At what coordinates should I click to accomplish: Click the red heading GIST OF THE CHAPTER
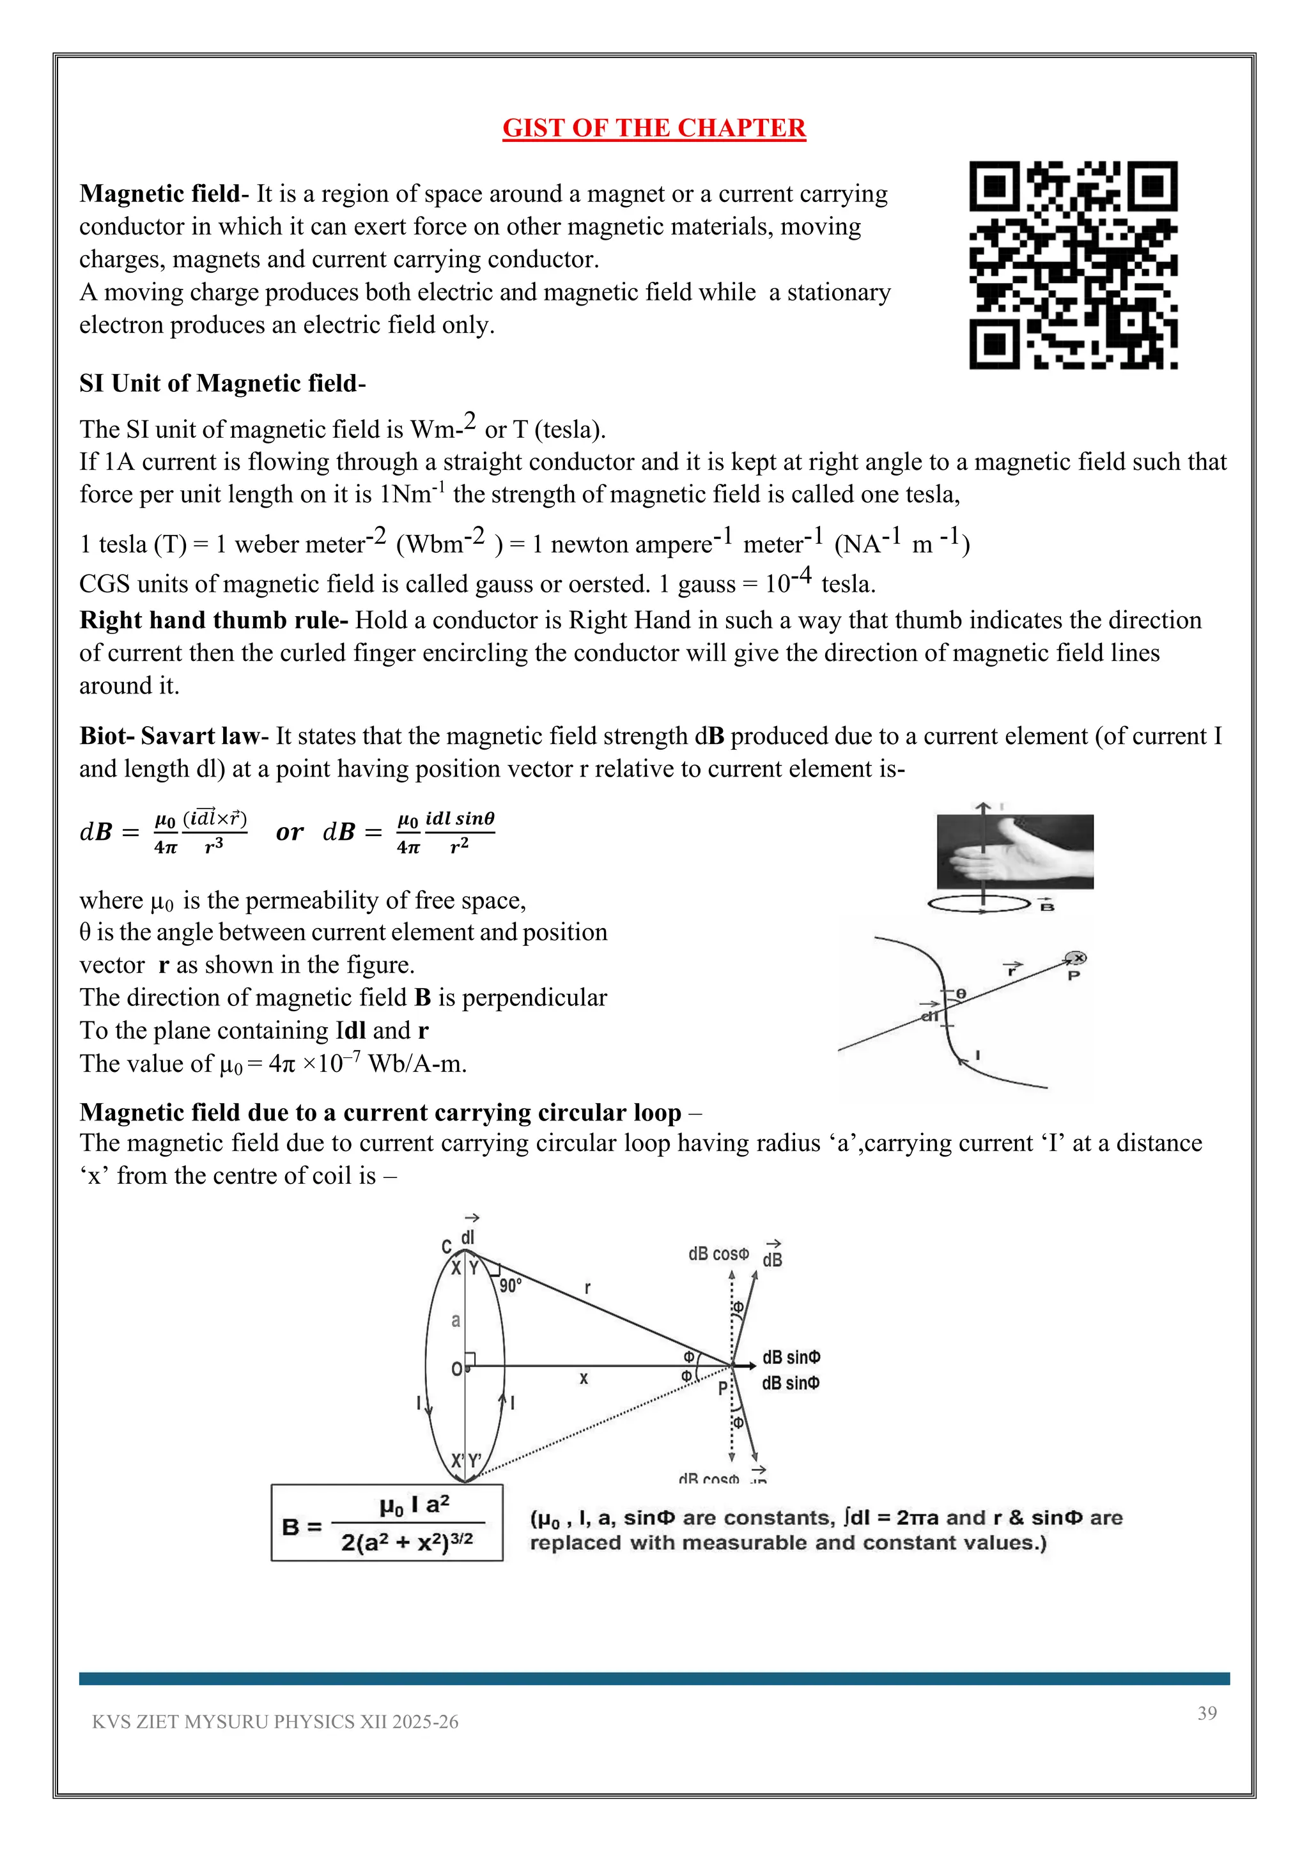click(x=654, y=128)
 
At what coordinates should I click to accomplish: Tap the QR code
click(x=1073, y=265)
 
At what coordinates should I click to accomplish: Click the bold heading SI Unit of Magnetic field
click(x=222, y=383)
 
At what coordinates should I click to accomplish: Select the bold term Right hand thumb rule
click(x=213, y=620)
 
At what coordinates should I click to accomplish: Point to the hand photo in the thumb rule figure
click(x=1015, y=852)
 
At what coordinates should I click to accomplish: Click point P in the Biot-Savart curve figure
click(x=1074, y=975)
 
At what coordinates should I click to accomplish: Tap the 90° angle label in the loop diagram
click(x=510, y=1285)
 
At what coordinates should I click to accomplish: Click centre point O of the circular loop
click(x=456, y=1369)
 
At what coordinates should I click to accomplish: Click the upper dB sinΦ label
click(x=791, y=1358)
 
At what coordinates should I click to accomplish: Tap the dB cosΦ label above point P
click(x=718, y=1253)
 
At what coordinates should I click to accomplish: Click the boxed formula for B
click(x=387, y=1523)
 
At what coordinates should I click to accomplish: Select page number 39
click(x=1207, y=1713)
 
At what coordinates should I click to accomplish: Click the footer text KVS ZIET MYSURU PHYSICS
click(x=275, y=1722)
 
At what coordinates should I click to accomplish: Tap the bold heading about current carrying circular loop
click(x=380, y=1113)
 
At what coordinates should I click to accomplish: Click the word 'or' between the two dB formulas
click(x=290, y=832)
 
